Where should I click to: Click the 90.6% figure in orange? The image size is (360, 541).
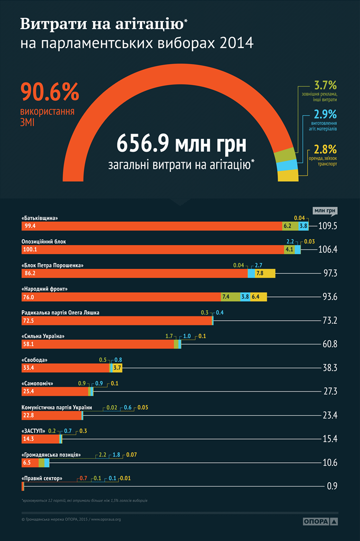[50, 92]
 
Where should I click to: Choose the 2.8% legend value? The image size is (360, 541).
[325, 150]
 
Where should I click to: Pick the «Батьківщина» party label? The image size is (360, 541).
[40, 218]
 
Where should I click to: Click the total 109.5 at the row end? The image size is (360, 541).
[328, 226]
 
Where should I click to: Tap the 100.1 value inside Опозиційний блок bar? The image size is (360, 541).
[29, 249]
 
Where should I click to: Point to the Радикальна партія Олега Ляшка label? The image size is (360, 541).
[60, 312]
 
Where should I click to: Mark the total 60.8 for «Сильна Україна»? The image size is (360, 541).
[330, 344]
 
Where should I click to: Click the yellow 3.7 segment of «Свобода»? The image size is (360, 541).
[117, 368]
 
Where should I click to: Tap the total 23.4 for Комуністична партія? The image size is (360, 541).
[330, 415]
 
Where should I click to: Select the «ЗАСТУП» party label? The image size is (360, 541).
[33, 431]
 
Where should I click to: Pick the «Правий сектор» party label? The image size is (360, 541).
[42, 479]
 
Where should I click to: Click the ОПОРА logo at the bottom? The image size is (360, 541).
[320, 521]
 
